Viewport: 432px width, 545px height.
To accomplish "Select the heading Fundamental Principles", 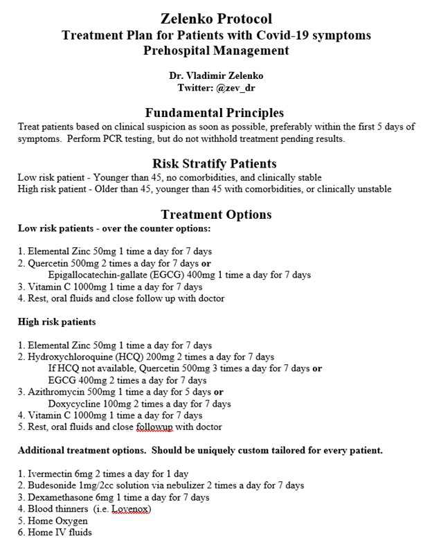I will (x=215, y=112).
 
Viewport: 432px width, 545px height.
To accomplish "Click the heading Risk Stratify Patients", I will (x=215, y=164).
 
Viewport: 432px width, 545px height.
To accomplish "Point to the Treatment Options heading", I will (x=216, y=215).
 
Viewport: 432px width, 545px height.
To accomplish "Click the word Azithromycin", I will (x=55, y=392).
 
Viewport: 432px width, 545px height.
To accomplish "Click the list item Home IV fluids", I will (x=53, y=533).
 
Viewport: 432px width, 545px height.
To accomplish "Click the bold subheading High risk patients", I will (x=56, y=322).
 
